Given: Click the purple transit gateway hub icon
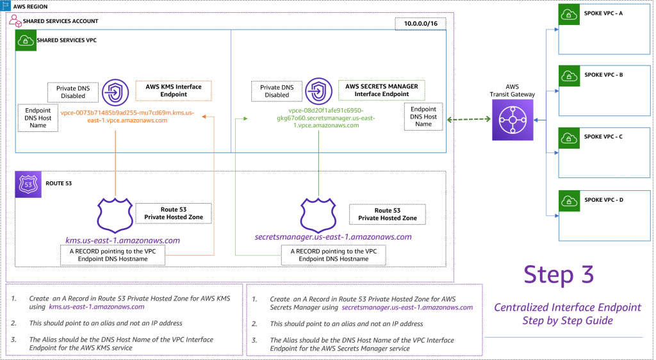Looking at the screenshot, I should tap(512, 120).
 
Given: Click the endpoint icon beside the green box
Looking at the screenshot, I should tap(318, 91).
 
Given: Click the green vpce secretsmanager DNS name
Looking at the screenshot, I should tap(318, 117).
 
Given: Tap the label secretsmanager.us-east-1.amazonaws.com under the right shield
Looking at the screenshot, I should tap(332, 237).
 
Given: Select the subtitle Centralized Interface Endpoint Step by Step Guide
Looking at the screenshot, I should tap(567, 314).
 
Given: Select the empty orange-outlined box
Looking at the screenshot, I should tap(173, 90).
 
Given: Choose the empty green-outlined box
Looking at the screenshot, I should tap(381, 90).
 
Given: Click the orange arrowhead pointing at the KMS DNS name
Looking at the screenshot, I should tap(204, 117).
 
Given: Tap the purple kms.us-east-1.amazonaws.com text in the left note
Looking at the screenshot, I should tap(96, 307).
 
